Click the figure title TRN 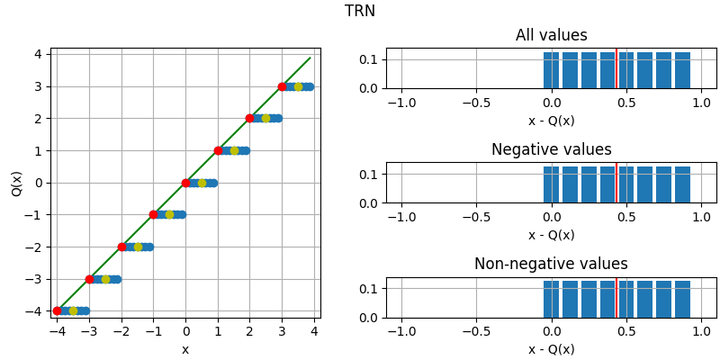point(360,12)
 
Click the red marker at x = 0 point(185,183)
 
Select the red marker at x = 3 point(282,86)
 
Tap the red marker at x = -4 point(58,310)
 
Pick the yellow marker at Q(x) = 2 point(265,118)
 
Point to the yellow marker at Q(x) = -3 point(105,279)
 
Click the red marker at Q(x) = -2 point(121,247)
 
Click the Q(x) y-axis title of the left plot point(17,183)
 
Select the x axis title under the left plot point(185,349)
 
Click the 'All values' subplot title point(551,36)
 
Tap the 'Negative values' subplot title point(551,150)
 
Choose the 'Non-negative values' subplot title point(551,265)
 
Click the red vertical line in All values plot point(616,68)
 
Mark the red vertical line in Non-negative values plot point(616,298)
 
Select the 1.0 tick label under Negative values point(701,218)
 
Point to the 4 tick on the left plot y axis point(37,54)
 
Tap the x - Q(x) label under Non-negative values point(551,349)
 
